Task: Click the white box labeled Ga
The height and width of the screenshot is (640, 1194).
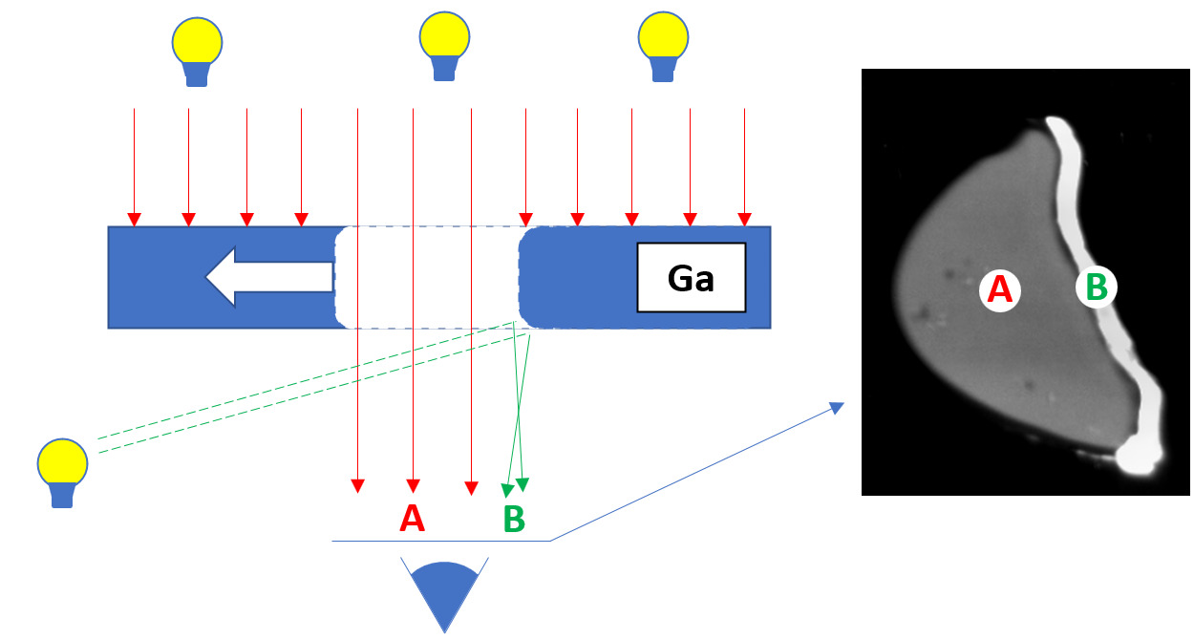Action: point(691,278)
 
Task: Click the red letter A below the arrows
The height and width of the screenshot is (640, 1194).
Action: point(412,518)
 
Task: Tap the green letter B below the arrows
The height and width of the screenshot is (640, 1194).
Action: point(514,519)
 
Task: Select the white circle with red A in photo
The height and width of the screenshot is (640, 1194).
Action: point(999,288)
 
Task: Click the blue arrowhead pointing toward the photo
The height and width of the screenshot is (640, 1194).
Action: point(838,407)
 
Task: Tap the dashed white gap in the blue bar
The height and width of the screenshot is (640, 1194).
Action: point(427,277)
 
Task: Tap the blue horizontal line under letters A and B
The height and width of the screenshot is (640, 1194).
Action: point(439,541)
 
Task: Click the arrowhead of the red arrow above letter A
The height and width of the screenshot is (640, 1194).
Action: point(413,483)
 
